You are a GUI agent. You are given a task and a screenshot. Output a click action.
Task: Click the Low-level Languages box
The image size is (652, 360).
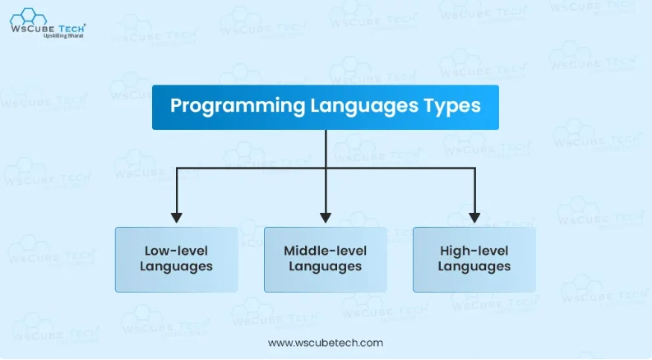click(176, 259)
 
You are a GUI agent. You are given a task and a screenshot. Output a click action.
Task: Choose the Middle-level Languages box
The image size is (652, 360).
click(325, 259)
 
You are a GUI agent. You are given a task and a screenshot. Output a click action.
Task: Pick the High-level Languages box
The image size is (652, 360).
click(474, 259)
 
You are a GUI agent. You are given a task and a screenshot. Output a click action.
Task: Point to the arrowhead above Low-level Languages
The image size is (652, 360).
click(176, 217)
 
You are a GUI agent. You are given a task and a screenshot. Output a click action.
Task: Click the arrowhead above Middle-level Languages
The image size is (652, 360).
click(326, 217)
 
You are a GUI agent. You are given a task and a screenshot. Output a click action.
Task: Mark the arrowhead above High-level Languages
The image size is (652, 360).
click(474, 217)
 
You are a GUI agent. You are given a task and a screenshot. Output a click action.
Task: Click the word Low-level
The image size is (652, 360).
click(176, 251)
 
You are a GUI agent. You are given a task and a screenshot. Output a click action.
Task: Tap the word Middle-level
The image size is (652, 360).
click(325, 251)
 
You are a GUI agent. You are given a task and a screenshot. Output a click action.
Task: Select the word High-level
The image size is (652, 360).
click(474, 251)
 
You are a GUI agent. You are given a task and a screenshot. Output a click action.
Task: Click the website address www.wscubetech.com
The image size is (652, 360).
click(326, 343)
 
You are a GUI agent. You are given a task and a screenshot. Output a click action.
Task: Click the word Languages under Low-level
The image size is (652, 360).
click(176, 267)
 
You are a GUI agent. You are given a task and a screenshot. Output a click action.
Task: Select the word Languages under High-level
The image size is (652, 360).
click(474, 267)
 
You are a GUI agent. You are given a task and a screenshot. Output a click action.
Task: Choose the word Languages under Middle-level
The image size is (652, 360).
click(325, 267)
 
